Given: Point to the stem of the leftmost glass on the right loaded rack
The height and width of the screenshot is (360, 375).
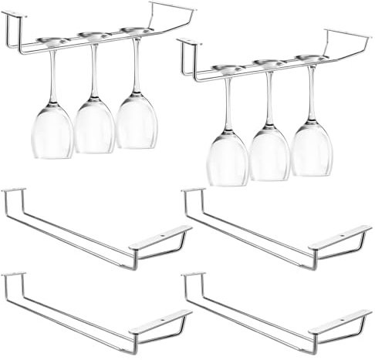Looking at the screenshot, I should point(227,100).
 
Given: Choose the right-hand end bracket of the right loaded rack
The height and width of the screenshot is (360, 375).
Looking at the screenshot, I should point(346,39).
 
